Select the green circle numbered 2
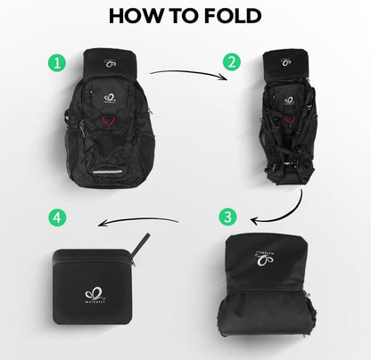pos(233,62)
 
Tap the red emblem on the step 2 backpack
pos(290,110)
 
